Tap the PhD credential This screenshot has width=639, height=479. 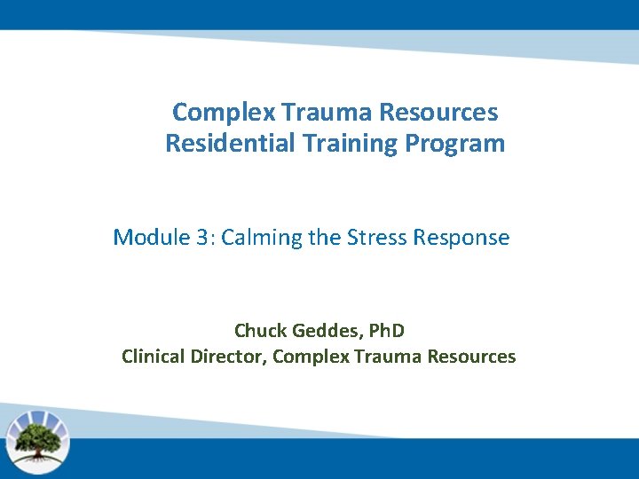384,331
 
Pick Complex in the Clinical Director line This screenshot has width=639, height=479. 311,357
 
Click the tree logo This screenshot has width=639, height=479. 37,440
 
